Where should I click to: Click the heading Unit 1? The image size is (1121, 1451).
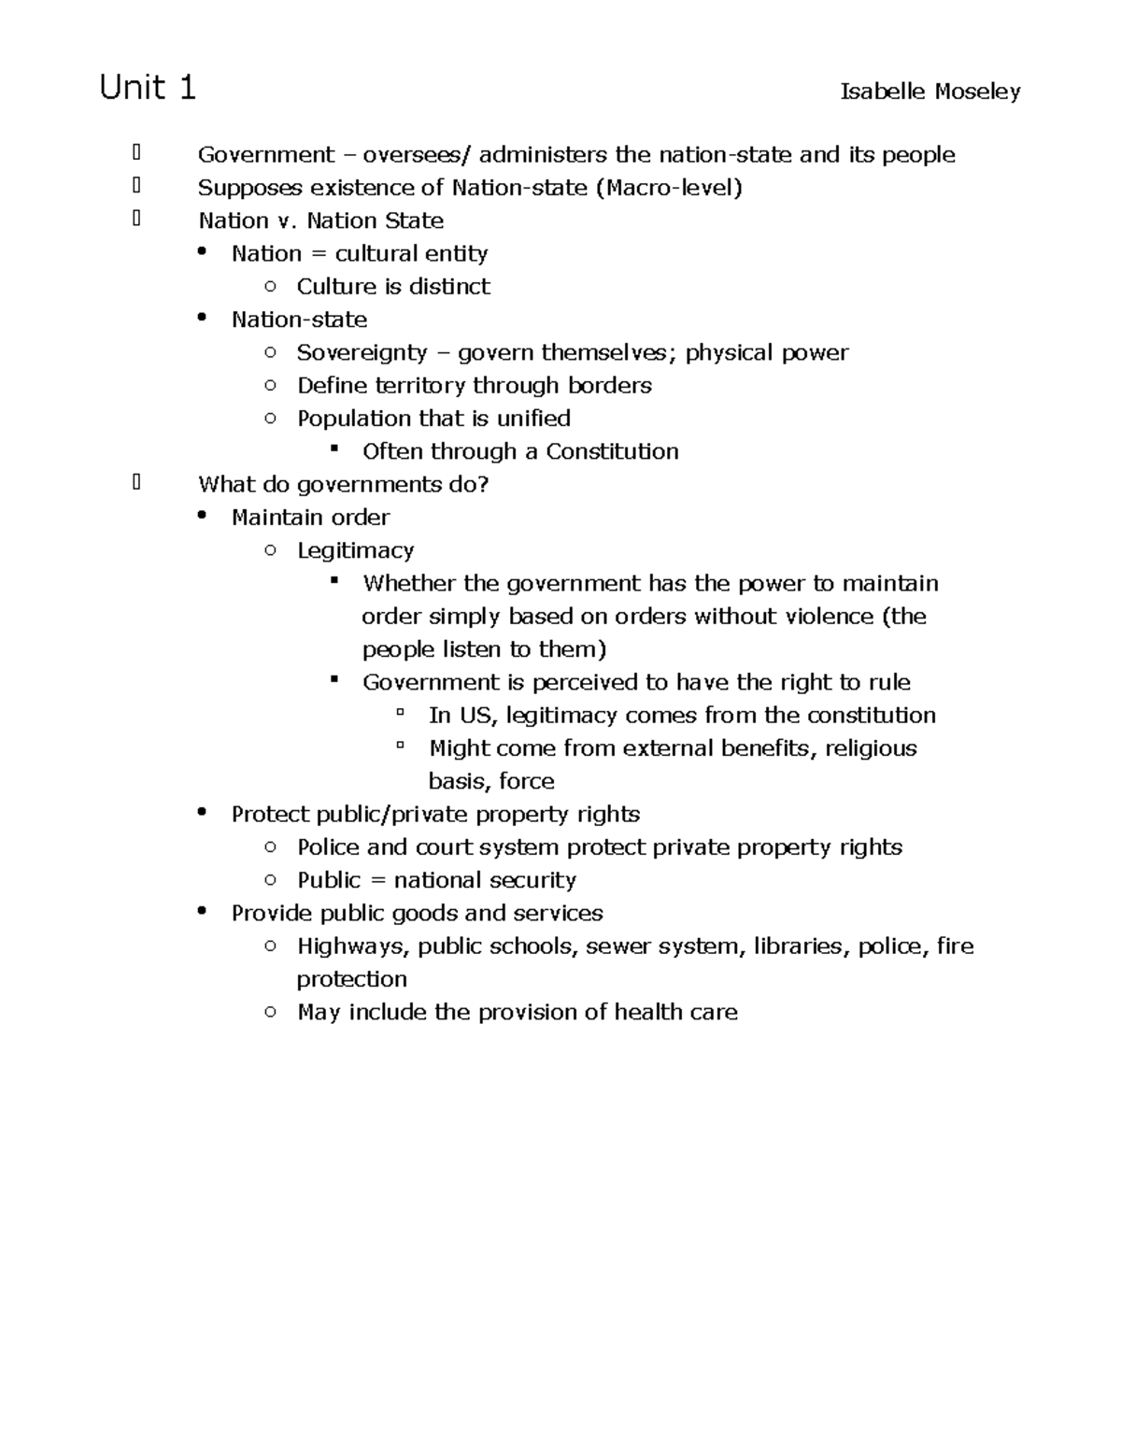click(x=148, y=88)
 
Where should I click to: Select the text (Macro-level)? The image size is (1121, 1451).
click(x=669, y=188)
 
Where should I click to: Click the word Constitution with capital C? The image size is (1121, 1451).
click(x=612, y=452)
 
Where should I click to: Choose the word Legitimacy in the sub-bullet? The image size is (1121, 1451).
click(x=355, y=551)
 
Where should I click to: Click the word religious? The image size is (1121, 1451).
click(x=871, y=748)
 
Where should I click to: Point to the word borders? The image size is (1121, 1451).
click(x=610, y=386)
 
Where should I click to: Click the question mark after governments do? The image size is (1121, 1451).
click(x=483, y=485)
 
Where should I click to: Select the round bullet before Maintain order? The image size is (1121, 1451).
click(x=201, y=516)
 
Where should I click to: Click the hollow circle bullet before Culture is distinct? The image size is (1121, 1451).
click(x=270, y=286)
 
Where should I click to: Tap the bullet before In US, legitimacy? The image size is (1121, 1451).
click(x=400, y=713)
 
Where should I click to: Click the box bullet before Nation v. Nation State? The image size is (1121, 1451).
click(x=136, y=219)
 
